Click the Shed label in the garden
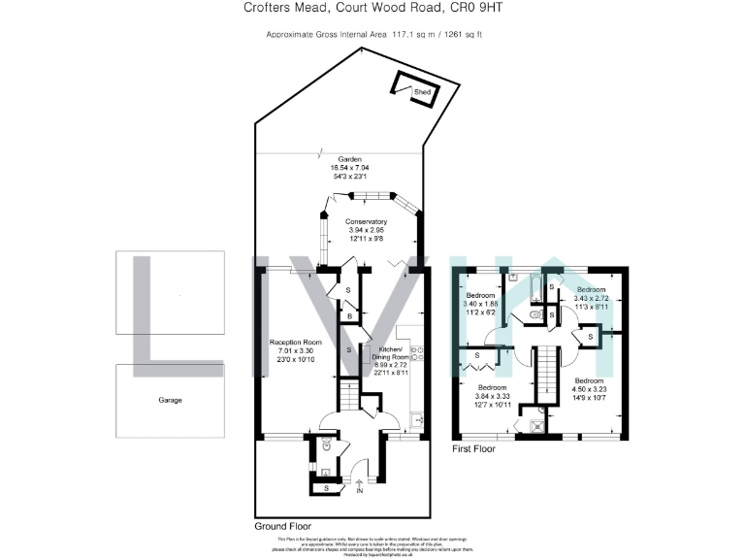tap(422, 93)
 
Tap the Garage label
tap(170, 400)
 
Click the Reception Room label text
tap(296, 343)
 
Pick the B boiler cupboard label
tap(348, 314)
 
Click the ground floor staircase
tap(347, 396)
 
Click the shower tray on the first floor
tap(535, 423)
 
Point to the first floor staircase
tap(549, 370)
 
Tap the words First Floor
tap(474, 450)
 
